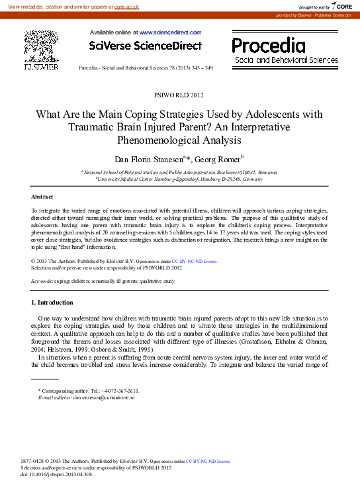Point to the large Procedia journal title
coord(268,46)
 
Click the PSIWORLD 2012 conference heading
coord(179,95)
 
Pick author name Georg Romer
coord(222,158)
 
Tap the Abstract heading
coord(42,197)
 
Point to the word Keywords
coord(42,281)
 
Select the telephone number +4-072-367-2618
coord(116,391)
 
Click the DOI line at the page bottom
coord(57,475)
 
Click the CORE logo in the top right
coord(340,6)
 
